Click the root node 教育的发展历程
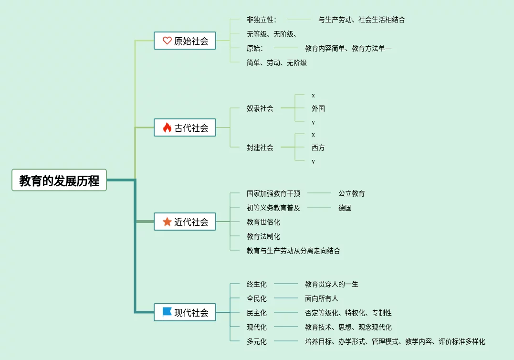pyautogui.click(x=59, y=180)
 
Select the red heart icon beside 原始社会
pyautogui.click(x=167, y=41)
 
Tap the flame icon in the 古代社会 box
pyautogui.click(x=167, y=127)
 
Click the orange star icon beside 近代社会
pyautogui.click(x=167, y=222)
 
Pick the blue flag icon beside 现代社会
pyautogui.click(x=167, y=312)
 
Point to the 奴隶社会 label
pyautogui.click(x=260, y=108)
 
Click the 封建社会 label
pyautogui.click(x=260, y=148)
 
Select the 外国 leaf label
pyautogui.click(x=318, y=108)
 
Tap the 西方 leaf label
pyautogui.click(x=318, y=148)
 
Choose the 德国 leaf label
pyautogui.click(x=345, y=208)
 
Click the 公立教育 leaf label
pyautogui.click(x=351, y=193)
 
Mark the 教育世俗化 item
pyautogui.click(x=263, y=222)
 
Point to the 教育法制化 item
pyautogui.click(x=263, y=236)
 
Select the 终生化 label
pyautogui.click(x=257, y=284)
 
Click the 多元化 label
pyautogui.click(x=257, y=341)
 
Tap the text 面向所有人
pyautogui.click(x=321, y=298)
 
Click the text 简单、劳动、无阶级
pyautogui.click(x=277, y=63)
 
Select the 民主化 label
pyautogui.click(x=257, y=313)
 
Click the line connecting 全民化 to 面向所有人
pyautogui.click(x=286, y=298)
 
